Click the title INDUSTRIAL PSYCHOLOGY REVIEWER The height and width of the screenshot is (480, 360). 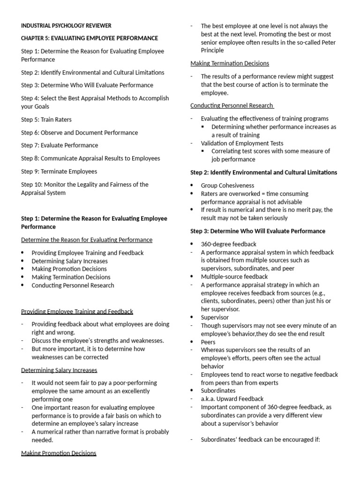coord(66,25)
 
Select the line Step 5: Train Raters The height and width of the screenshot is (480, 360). coord(46,120)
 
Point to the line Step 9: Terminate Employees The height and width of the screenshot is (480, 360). coord(59,171)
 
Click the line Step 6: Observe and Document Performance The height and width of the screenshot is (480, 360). coord(79,133)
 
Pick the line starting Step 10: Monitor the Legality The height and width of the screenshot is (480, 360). coord(84,184)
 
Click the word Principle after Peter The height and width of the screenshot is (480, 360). coord(212,51)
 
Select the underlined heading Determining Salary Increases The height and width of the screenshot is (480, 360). coord(59,370)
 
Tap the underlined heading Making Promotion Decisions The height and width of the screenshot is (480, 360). coord(59,453)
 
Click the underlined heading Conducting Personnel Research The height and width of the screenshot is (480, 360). coord(232,105)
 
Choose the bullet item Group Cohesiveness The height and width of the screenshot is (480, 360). coord(227,186)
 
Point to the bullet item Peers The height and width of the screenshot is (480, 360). coord(208,342)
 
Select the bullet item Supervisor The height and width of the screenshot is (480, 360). coord(215,317)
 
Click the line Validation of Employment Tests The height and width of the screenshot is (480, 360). coord(242,143)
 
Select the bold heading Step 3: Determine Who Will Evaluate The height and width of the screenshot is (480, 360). coord(257,231)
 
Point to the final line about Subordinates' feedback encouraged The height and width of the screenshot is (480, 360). coord(260,440)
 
